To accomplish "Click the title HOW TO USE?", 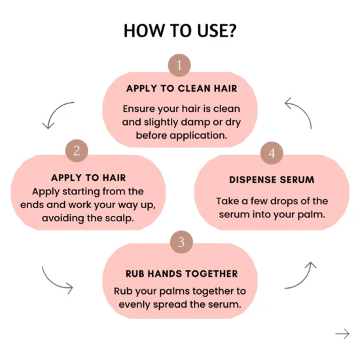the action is [x=180, y=31].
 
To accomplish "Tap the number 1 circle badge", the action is [x=179, y=65].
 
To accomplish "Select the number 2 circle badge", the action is [x=77, y=151].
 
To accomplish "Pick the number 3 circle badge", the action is [x=181, y=242].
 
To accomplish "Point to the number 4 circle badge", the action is [x=272, y=153].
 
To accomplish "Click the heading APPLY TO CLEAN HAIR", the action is [x=181, y=88].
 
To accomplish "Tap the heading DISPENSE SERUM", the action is [x=272, y=180].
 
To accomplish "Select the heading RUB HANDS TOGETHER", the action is [x=181, y=274].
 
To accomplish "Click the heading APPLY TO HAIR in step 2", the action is [x=88, y=178].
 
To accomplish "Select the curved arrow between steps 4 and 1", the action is [x=303, y=109].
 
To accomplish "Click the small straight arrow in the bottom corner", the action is [x=342, y=334].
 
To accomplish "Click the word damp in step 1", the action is [x=197, y=122].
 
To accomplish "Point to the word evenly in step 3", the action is [x=134, y=305].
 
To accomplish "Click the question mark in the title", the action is [x=232, y=31].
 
